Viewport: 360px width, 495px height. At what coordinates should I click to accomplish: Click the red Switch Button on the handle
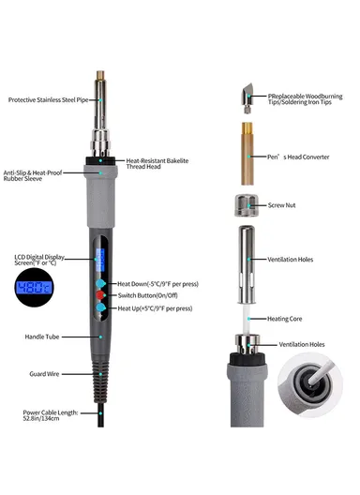pos(100,295)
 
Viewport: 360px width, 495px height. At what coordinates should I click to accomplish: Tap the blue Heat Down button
pos(100,283)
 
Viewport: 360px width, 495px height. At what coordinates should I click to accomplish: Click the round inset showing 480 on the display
pos(34,287)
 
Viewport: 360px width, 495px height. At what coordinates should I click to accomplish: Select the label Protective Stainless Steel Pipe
pos(48,100)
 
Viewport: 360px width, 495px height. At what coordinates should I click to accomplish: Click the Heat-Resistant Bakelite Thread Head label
pos(157,163)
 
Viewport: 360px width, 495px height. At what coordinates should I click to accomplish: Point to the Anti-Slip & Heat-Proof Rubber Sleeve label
pos(33,175)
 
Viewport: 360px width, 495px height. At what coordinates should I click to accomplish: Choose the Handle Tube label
pos(42,337)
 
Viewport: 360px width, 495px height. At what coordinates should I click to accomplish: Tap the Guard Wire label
pos(44,374)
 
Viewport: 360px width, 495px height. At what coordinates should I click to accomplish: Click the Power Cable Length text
pos(51,415)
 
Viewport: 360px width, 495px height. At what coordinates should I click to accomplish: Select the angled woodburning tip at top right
pos(247,98)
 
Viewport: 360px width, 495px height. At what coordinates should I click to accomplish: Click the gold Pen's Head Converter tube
pos(247,154)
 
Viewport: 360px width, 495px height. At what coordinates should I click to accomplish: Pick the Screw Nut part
pos(247,205)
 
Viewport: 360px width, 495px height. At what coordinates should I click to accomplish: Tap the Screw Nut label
pos(281,205)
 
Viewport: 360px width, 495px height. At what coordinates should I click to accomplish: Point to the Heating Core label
pos(284,319)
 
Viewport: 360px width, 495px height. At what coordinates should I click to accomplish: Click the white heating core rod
pos(247,319)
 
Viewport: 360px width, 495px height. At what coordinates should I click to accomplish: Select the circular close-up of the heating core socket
pos(310,385)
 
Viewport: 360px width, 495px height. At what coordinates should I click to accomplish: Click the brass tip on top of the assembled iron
pos(100,75)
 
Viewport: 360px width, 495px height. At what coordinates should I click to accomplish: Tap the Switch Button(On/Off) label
pos(147,295)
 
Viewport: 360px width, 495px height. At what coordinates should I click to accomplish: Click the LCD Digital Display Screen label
pos(38,260)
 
